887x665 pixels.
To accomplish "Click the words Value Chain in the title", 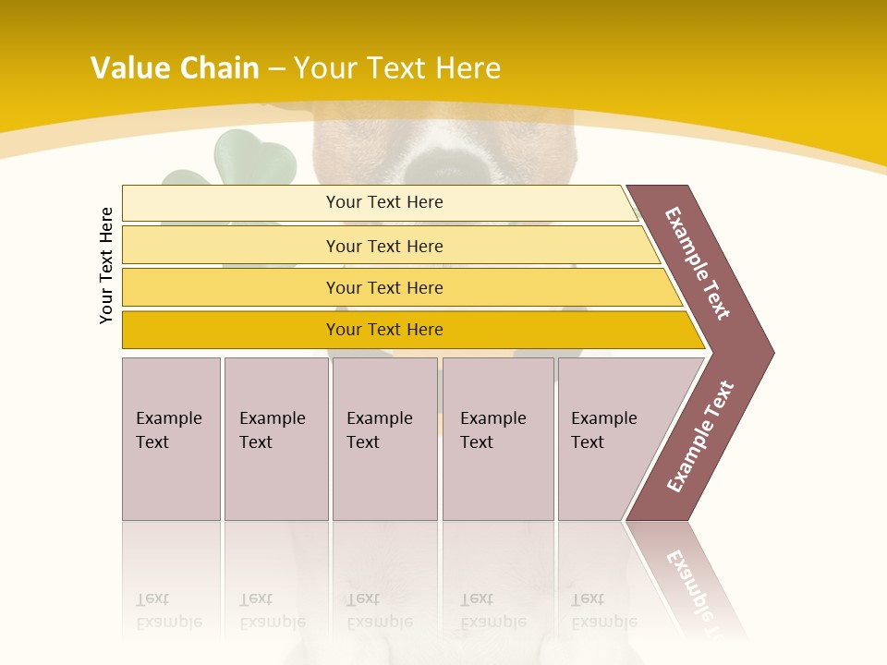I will [x=175, y=68].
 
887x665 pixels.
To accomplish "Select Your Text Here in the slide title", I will [x=397, y=68].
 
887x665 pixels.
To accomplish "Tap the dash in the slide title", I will [x=276, y=69].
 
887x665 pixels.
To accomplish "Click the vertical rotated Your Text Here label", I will [x=107, y=265].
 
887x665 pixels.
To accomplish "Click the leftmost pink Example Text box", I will [x=171, y=439].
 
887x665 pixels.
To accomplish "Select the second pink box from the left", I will [x=275, y=439].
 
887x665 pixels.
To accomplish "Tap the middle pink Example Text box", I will [x=384, y=439].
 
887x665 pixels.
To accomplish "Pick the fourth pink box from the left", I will [x=497, y=439].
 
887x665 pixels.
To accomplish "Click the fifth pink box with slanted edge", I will [x=610, y=439].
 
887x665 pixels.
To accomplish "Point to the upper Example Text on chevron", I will [x=699, y=263].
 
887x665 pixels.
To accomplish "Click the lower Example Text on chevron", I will [x=700, y=437].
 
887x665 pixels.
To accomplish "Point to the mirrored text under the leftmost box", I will [x=169, y=611].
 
